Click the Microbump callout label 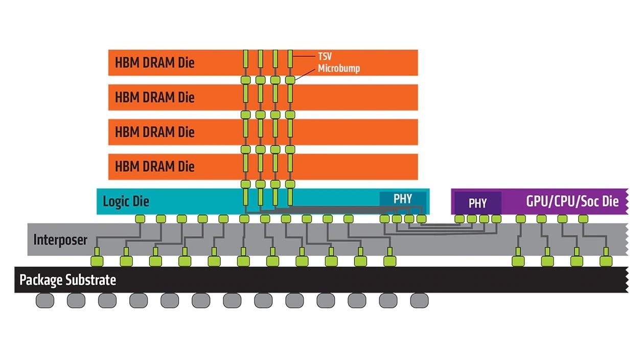pyautogui.click(x=338, y=69)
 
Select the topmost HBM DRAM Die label pyautogui.click(x=155, y=63)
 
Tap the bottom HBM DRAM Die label pyautogui.click(x=155, y=166)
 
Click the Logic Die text pyautogui.click(x=126, y=201)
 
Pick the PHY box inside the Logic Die pyautogui.click(x=402, y=199)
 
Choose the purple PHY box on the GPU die pyautogui.click(x=477, y=203)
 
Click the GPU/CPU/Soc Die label pyautogui.click(x=572, y=201)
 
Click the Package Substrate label pyautogui.click(x=67, y=280)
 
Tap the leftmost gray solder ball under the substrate pyautogui.click(x=45, y=301)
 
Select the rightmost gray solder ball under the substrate pyautogui.click(x=419, y=301)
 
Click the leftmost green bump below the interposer pyautogui.click(x=97, y=261)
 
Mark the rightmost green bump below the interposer pyautogui.click(x=606, y=261)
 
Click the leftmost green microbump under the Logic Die pyautogui.click(x=140, y=219)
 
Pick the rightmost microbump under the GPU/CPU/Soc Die pyautogui.click(x=583, y=219)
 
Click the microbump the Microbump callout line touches pyautogui.click(x=290, y=80)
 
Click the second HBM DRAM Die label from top pyautogui.click(x=155, y=97)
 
